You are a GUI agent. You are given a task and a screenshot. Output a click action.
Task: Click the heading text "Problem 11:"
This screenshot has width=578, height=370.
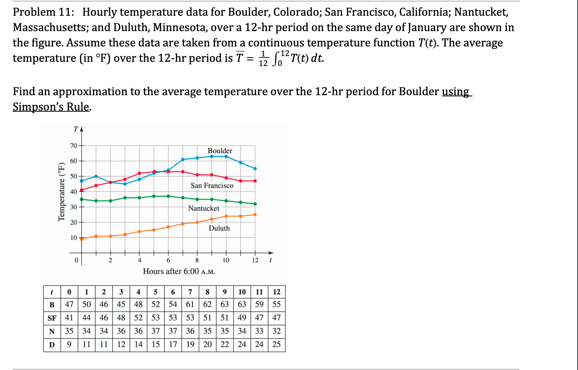click(x=43, y=12)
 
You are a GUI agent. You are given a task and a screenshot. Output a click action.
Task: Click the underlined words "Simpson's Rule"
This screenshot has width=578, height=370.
click(x=51, y=107)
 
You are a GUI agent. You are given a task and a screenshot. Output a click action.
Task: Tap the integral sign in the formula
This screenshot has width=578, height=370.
click(x=276, y=59)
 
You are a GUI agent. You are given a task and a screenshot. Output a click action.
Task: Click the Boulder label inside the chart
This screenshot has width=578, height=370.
click(x=220, y=151)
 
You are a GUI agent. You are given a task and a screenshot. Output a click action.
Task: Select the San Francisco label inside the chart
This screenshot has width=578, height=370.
click(x=212, y=185)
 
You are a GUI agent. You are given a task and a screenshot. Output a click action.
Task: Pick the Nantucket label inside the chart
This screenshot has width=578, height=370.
click(x=204, y=208)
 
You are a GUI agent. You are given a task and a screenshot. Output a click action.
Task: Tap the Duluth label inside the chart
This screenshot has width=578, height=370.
click(x=219, y=228)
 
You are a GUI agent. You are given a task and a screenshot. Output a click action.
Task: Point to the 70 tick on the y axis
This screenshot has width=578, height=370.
click(x=73, y=145)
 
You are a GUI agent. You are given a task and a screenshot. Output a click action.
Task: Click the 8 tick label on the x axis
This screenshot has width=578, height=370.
click(x=197, y=260)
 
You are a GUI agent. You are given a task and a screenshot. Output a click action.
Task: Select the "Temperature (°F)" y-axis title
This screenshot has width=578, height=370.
click(x=61, y=192)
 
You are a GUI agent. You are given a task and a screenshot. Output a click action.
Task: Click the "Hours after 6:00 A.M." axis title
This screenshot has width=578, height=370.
click(x=179, y=271)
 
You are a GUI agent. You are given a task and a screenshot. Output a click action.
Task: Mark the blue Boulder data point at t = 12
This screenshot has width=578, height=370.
click(x=255, y=168)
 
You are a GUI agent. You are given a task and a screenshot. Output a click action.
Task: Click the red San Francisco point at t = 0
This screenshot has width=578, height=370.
click(x=81, y=190)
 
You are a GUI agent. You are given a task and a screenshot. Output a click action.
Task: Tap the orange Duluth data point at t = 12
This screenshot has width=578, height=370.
click(x=255, y=215)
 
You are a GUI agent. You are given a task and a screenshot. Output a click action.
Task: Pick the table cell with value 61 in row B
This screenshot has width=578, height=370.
click(x=190, y=304)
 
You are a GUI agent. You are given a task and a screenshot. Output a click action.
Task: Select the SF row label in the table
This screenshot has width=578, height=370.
click(x=52, y=318)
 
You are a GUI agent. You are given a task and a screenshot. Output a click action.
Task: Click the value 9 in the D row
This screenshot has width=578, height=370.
click(x=69, y=344)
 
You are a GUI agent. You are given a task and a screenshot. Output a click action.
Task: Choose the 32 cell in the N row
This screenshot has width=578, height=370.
click(x=276, y=331)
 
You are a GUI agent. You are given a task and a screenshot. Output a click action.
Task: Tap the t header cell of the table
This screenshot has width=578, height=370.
click(x=52, y=292)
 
